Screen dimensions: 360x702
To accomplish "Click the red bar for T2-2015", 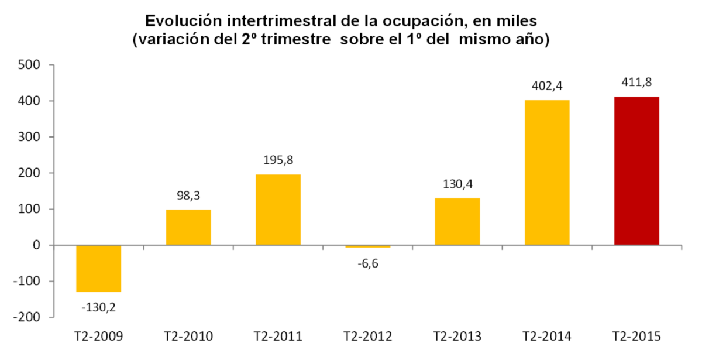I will (x=636, y=171).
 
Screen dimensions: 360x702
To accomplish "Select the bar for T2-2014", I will (x=547, y=173).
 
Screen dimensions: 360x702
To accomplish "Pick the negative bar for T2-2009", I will (x=99, y=268).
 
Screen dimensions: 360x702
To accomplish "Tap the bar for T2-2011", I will (x=278, y=210).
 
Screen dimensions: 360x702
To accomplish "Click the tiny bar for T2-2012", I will (x=367, y=246).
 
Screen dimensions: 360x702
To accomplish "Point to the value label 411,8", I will (x=636, y=82).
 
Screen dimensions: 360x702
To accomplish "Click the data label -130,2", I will (x=99, y=306).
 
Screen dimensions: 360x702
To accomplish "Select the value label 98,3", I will (x=188, y=196).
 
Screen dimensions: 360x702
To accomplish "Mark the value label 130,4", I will (x=457, y=184).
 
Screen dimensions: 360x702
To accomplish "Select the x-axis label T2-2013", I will (x=457, y=337).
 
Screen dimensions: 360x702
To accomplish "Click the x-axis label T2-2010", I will (x=188, y=337).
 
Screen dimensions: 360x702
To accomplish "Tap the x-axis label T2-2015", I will (x=636, y=337).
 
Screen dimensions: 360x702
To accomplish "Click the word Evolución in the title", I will (x=183, y=22).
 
